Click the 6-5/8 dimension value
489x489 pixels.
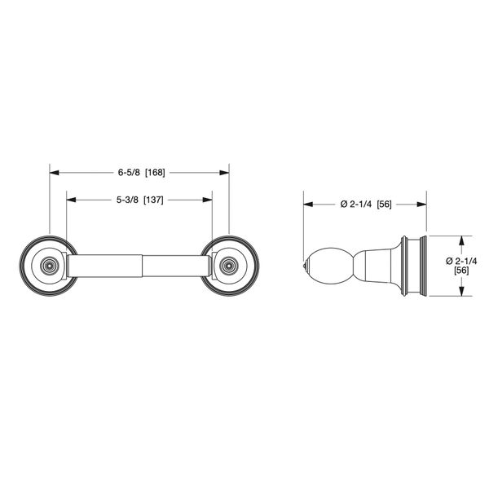point(128,173)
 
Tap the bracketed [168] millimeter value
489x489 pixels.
point(155,173)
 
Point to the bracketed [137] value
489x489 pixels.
point(154,200)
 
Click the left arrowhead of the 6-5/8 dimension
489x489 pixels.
point(54,173)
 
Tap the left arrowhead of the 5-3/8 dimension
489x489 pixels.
point(70,200)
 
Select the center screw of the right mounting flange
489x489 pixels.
point(229,265)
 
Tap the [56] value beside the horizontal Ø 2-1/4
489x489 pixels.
point(385,204)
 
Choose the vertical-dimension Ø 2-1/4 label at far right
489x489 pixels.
point(460,259)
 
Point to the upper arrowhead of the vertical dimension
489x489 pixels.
point(461,240)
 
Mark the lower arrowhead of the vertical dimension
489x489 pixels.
point(461,291)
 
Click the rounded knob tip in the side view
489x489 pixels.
point(307,266)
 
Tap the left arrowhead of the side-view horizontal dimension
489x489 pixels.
point(307,204)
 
